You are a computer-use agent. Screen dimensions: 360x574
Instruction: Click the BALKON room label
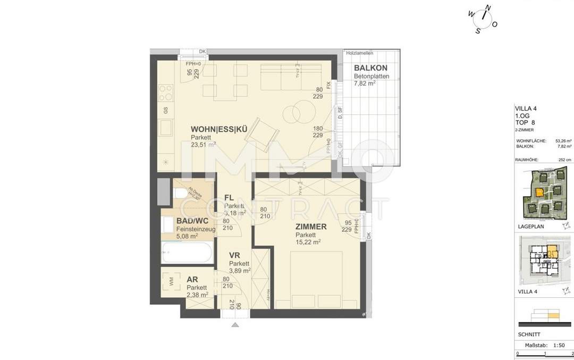371,68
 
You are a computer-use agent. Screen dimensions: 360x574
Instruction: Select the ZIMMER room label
311,227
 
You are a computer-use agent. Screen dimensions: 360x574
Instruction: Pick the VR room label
235,256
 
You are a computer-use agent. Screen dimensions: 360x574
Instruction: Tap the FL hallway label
230,198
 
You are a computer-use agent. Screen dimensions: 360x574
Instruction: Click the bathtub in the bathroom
187,253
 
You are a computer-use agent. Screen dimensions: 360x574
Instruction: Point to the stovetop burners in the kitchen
166,93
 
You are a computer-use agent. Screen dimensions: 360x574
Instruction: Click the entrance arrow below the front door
234,324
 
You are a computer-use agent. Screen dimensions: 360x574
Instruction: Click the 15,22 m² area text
308,242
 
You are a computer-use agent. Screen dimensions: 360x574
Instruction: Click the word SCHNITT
529,334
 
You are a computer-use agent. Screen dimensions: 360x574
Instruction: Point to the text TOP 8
526,122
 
